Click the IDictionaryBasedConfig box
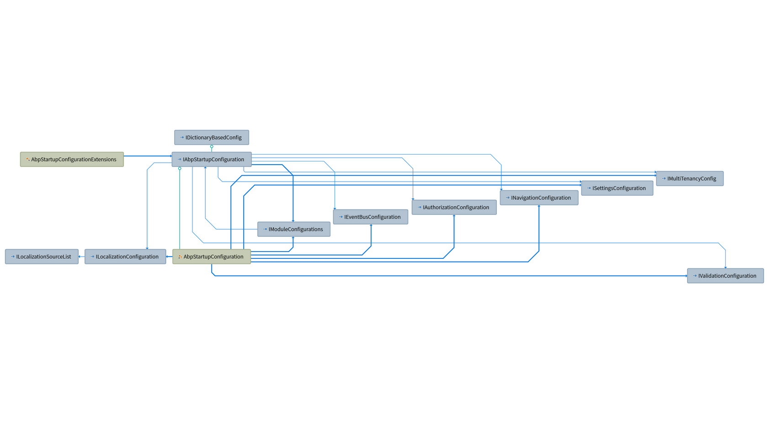(x=212, y=138)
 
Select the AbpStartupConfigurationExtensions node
(x=72, y=159)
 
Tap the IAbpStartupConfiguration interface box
(x=212, y=159)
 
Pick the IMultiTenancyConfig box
(x=690, y=178)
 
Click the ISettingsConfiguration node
(x=617, y=188)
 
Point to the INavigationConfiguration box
(x=539, y=198)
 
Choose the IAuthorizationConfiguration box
(x=454, y=207)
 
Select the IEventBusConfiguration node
(x=371, y=217)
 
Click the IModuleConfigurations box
(x=294, y=229)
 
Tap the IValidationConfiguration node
(x=725, y=276)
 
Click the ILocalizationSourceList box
(x=42, y=257)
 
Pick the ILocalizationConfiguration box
(x=125, y=257)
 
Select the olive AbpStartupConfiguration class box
(x=212, y=257)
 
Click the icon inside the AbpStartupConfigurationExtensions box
(x=28, y=159)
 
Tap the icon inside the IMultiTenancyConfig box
(x=664, y=178)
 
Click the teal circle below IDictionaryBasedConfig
(x=212, y=147)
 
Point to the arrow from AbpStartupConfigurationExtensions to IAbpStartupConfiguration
(x=148, y=156)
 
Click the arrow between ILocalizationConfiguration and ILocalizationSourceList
(x=81, y=257)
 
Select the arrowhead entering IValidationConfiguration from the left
(x=686, y=276)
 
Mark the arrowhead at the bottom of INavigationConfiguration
(x=539, y=206)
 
